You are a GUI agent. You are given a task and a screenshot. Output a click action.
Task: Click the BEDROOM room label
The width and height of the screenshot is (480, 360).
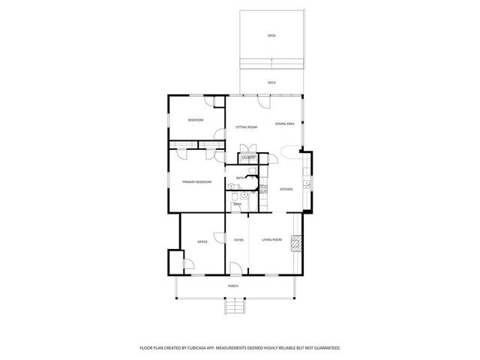coord(196,120)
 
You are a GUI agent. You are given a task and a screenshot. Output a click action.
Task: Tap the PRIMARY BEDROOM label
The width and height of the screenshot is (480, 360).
coord(196,182)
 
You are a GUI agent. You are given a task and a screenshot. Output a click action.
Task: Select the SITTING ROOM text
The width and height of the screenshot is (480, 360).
coord(247,127)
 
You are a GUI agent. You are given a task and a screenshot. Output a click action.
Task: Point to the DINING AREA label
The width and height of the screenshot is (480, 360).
coord(284,124)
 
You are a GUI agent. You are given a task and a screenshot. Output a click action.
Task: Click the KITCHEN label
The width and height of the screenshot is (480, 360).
coord(286,189)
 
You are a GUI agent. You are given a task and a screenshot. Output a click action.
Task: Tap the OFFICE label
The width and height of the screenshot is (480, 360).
coord(202,241)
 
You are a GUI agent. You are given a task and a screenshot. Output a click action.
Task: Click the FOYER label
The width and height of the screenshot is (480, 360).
coord(238,240)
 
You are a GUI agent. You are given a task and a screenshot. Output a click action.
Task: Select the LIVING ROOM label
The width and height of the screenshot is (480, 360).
coord(271,240)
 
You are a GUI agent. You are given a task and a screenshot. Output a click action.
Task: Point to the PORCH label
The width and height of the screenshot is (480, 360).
coord(233,286)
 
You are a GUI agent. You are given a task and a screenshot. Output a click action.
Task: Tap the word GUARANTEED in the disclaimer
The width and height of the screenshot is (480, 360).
coord(324,348)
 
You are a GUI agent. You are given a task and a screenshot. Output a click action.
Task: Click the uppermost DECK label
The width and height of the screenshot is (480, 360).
coord(271,35)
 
